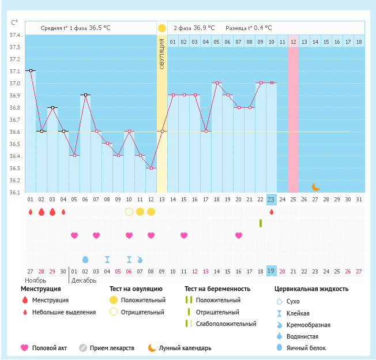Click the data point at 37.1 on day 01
(x=30, y=70)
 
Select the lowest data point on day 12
(x=151, y=168)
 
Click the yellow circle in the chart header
(x=162, y=28)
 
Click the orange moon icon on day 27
(x=315, y=186)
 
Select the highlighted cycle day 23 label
(x=272, y=199)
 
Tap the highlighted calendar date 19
(x=272, y=271)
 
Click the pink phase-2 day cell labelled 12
(x=294, y=42)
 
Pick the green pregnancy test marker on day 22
(x=261, y=223)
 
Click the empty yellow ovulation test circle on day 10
(x=129, y=212)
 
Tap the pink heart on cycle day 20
(x=239, y=235)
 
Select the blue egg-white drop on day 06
(x=85, y=260)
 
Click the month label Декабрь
(x=84, y=280)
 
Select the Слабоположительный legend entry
(x=225, y=324)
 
